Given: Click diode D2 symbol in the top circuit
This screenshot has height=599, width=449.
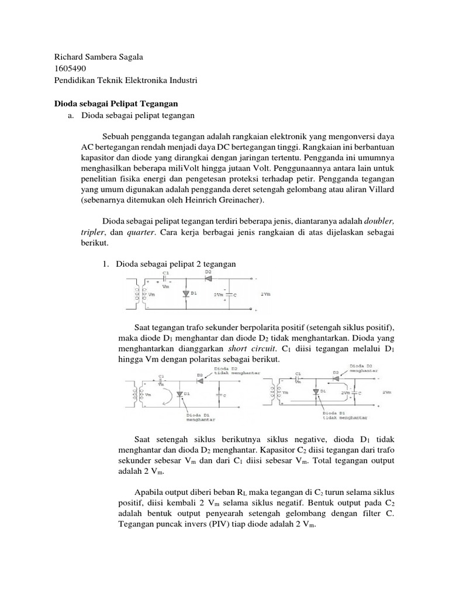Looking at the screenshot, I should (x=209, y=278).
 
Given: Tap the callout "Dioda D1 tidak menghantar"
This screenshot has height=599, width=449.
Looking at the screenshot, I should (x=342, y=416).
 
